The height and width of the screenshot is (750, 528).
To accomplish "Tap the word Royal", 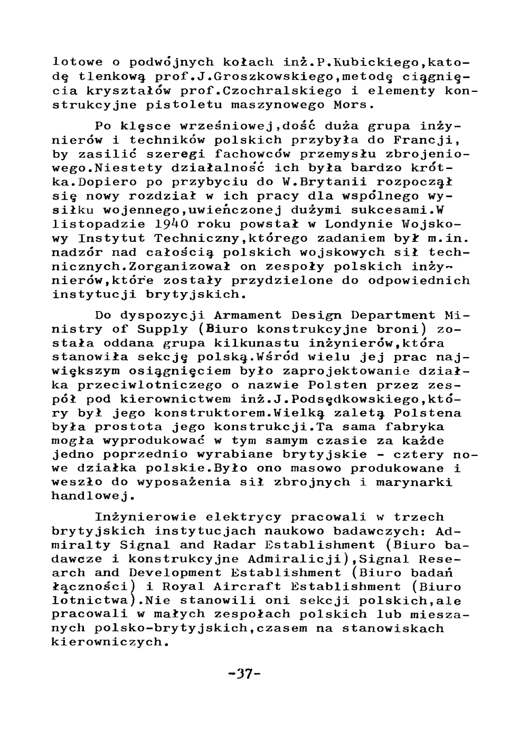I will (x=181, y=587).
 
